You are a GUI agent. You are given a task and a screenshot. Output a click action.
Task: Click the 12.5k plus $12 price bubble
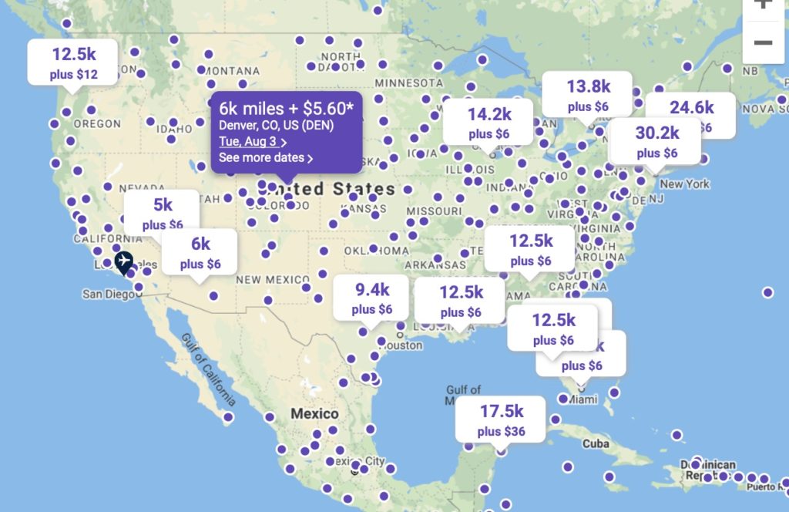73,62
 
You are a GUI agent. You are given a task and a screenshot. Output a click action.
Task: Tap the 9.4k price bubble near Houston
372,298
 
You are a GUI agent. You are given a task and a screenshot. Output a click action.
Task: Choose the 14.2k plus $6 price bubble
489,122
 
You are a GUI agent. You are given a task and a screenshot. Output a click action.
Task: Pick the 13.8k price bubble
588,94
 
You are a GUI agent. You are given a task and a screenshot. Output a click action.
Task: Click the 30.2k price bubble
656,141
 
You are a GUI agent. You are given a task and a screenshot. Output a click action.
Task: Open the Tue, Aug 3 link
249,141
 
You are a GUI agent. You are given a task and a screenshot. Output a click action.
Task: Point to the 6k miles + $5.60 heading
286,107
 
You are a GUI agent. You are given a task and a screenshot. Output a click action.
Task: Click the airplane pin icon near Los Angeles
123,262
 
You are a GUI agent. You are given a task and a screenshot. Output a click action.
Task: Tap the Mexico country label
314,414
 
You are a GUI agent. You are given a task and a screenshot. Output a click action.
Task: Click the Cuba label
596,444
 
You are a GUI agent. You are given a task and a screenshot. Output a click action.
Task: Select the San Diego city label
106,294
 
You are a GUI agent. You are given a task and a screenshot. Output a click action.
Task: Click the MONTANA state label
232,71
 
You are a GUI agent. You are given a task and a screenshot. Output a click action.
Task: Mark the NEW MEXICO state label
272,279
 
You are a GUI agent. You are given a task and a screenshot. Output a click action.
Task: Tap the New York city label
684,184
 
